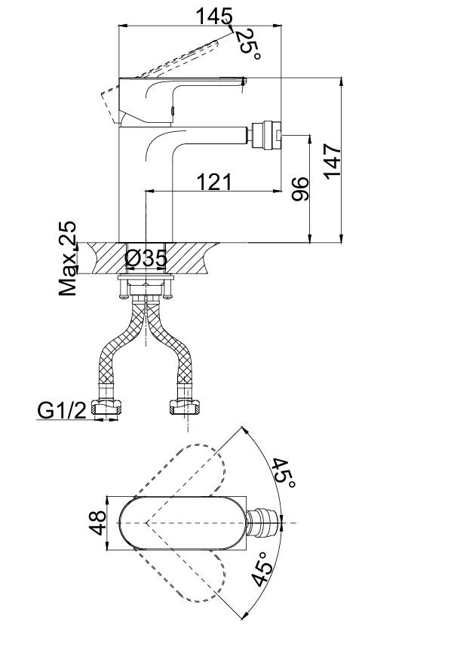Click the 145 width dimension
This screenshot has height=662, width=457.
(x=213, y=14)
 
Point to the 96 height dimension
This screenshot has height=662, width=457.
(x=299, y=188)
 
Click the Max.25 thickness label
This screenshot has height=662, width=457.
(x=69, y=259)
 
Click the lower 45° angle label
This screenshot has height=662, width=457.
(x=262, y=569)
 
